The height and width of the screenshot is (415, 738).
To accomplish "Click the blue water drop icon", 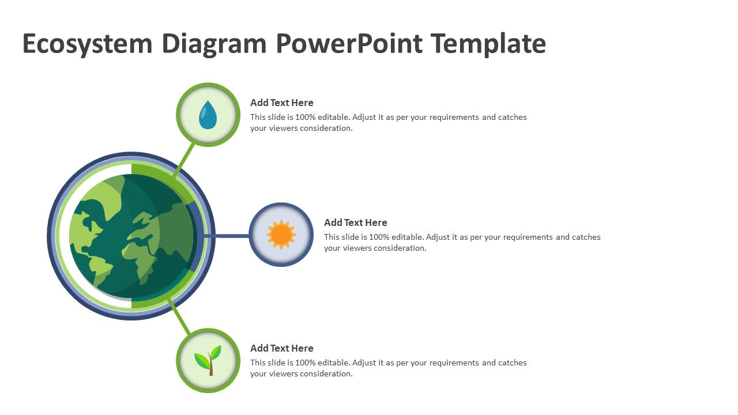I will point(208,115).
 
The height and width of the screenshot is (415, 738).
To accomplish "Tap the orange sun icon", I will point(281,235).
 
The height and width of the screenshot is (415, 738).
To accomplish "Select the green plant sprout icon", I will point(208,361).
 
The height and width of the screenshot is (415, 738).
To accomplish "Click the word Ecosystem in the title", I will point(88,44).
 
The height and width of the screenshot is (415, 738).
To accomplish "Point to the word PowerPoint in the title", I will point(348,44).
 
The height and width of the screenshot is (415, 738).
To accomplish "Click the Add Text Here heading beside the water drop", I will point(281,103).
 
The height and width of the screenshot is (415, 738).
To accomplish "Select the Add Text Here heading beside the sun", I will point(355,222).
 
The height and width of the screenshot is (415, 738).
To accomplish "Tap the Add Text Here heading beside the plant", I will point(281,348).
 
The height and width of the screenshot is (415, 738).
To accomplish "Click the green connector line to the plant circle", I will point(180,316).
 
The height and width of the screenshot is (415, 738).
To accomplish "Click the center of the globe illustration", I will point(131,236).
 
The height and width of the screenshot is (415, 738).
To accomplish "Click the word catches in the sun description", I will point(586,237).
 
